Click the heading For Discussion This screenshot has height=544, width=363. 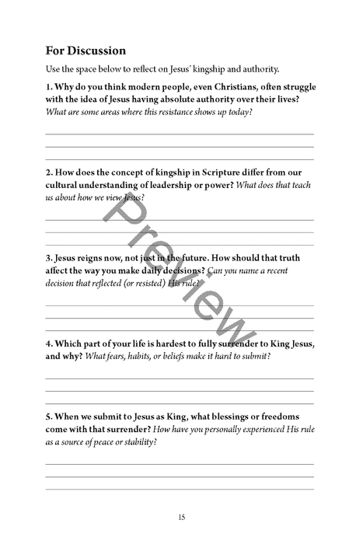86,51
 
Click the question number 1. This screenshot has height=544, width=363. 48,88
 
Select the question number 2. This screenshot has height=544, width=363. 48,172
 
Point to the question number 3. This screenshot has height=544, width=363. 48,257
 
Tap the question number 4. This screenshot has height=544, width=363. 48,343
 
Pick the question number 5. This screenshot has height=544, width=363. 48,416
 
